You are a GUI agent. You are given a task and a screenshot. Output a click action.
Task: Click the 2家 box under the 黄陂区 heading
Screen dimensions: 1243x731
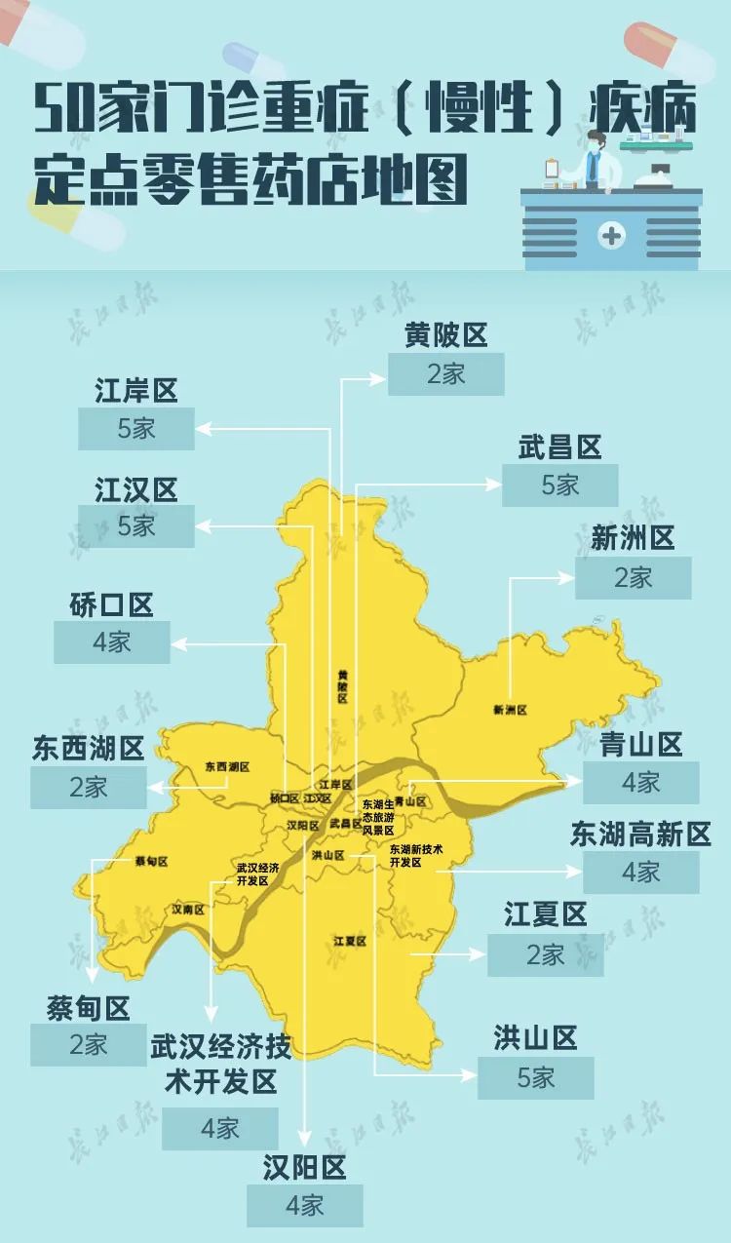445,374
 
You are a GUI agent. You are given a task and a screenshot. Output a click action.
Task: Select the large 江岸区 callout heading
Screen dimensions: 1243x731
135,391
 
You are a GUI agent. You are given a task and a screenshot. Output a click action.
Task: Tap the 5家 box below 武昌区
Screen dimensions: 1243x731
559,486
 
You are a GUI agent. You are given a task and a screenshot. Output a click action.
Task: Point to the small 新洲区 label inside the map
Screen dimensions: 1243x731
510,711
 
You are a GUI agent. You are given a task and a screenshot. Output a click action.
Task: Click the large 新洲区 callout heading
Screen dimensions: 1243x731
633,537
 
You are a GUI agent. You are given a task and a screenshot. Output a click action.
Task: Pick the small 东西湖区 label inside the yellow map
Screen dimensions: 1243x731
227,767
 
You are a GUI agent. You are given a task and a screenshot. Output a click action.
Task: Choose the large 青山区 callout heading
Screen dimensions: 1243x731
640,745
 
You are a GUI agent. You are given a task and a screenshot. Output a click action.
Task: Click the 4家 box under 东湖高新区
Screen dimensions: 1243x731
640,873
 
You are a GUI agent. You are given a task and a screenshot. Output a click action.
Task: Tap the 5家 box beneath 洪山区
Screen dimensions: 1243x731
535,1077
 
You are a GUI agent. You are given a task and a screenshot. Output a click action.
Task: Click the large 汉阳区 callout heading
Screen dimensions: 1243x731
304,1167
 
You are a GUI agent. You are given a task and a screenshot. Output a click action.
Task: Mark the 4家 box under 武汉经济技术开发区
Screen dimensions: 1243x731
219,1129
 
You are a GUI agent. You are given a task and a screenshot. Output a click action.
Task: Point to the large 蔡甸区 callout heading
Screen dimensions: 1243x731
88,1007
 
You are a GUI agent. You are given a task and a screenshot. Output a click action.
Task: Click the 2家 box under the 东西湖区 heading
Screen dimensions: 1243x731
88,788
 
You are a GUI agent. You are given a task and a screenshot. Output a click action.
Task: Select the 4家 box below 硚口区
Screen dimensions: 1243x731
111,642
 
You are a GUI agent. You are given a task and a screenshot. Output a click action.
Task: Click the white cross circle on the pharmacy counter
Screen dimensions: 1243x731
612,235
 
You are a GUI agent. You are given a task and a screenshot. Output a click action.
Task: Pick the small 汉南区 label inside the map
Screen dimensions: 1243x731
188,910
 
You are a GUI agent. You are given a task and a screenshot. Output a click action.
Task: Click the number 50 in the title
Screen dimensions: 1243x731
59,111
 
